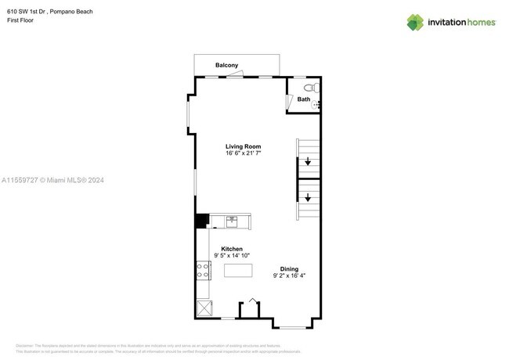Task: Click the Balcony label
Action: tap(227, 66)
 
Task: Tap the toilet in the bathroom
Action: tap(308, 87)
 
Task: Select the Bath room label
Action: tap(304, 99)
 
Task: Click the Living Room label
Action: tap(243, 146)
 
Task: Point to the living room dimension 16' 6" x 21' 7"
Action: tap(243, 153)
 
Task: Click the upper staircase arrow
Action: tap(308, 163)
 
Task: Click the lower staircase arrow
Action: tap(308, 198)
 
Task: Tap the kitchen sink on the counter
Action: tap(231, 221)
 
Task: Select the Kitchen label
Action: tap(231, 249)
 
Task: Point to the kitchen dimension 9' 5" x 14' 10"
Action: tap(231, 256)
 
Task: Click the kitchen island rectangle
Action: tap(239, 271)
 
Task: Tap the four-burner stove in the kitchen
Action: tap(202, 271)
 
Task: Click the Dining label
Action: tap(289, 269)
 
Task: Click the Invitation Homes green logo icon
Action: tap(415, 23)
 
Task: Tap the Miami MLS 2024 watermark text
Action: tap(52, 181)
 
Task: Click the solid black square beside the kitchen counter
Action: tap(201, 221)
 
